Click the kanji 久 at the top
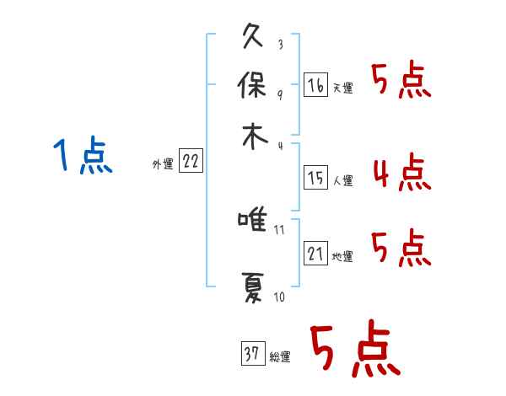click(x=253, y=39)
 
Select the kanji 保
click(x=253, y=87)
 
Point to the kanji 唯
click(x=253, y=222)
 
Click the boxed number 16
click(x=315, y=86)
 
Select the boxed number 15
click(x=315, y=178)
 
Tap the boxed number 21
click(x=315, y=254)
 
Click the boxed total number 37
click(x=252, y=355)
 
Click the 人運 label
click(x=342, y=180)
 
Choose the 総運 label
click(x=280, y=357)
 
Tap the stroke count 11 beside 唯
click(x=281, y=228)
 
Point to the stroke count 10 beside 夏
click(x=280, y=297)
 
